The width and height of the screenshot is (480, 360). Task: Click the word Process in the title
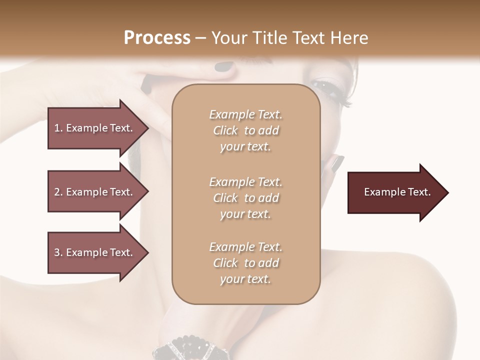(x=157, y=38)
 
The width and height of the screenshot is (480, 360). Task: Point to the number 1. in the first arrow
(x=58, y=128)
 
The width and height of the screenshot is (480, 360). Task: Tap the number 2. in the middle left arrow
(x=58, y=192)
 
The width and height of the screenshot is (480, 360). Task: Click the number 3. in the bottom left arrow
(x=58, y=252)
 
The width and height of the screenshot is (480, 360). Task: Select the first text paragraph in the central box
(x=245, y=130)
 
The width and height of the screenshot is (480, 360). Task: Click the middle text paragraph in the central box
(x=245, y=197)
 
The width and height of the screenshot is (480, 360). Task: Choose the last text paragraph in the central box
(x=245, y=263)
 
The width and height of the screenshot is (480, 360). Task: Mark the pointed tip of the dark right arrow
(x=447, y=192)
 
